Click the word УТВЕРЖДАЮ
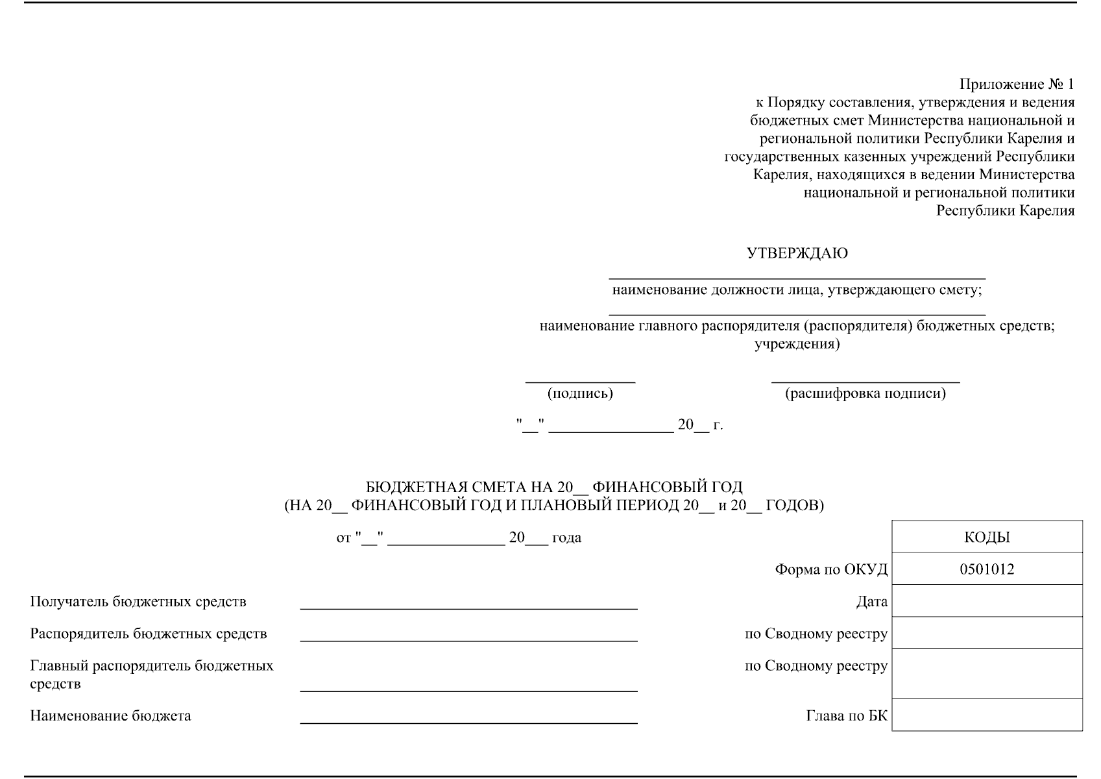point(797,254)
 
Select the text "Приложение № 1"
point(1017,84)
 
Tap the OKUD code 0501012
point(987,569)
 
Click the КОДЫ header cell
point(987,538)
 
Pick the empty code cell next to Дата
point(987,601)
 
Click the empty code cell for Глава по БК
point(987,715)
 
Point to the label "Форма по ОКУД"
point(831,570)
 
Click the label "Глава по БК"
point(847,716)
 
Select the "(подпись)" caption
point(580,393)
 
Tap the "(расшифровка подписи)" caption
point(865,393)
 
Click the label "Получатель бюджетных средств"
point(138,602)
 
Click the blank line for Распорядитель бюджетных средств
point(468,640)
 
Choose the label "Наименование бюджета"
point(110,716)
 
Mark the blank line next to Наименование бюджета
point(468,722)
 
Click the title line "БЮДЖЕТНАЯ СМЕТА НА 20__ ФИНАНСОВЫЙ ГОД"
point(554,487)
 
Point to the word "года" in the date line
point(566,538)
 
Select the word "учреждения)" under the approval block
point(797,344)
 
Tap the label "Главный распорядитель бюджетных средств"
point(151,674)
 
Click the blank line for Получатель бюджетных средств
point(468,608)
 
